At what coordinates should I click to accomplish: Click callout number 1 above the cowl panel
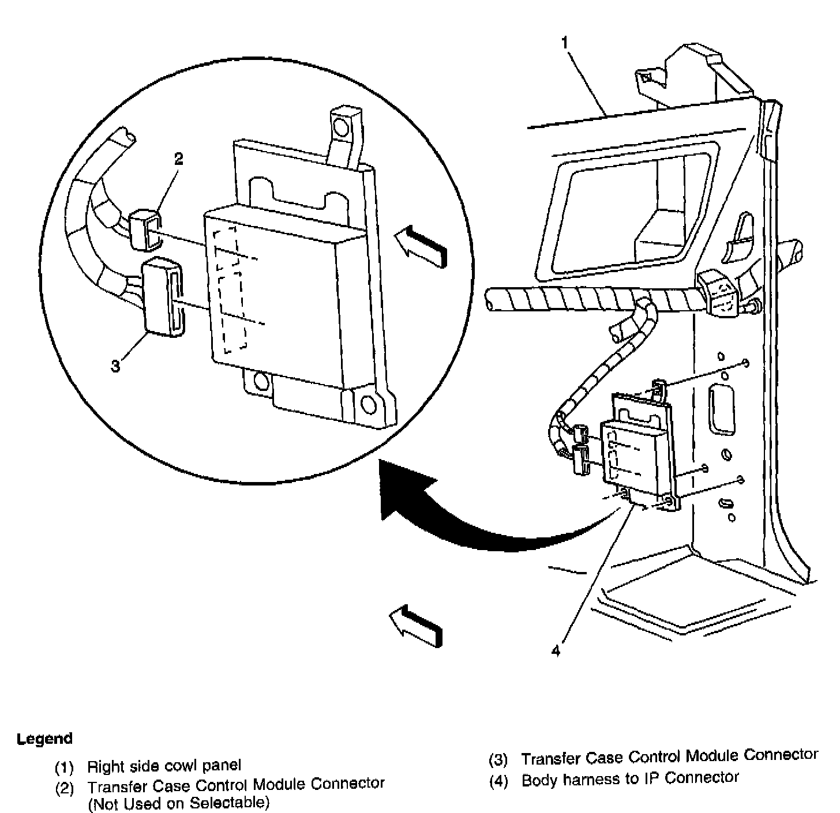click(565, 42)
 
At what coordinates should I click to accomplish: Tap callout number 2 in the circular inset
click(179, 159)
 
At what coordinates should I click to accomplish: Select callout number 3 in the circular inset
click(116, 365)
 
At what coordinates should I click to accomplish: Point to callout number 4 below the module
click(556, 650)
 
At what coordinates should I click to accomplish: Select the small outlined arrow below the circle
click(417, 624)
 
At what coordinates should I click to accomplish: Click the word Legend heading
click(45, 739)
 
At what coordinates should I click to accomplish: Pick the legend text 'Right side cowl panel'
click(164, 766)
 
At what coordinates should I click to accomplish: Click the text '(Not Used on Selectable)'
click(178, 802)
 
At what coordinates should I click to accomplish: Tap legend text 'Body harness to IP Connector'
click(630, 779)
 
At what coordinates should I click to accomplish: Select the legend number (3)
click(498, 761)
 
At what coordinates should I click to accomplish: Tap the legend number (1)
click(65, 767)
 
